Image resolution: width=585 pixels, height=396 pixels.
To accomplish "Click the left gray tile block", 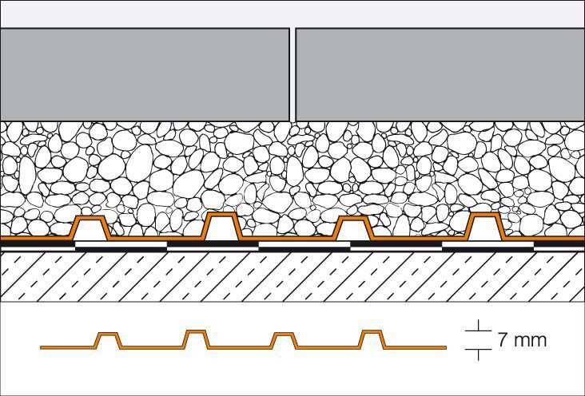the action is [145, 74].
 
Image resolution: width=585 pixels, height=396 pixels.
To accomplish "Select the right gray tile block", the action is [440, 74].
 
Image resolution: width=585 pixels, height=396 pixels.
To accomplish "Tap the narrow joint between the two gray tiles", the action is [292, 74].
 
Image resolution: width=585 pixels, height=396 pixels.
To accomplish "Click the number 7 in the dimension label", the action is [503, 340].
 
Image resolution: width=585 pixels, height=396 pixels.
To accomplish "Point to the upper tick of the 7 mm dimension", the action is [478, 331].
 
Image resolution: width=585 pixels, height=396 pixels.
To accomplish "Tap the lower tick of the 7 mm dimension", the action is [478, 350].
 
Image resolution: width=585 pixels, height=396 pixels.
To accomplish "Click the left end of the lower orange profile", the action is [41, 348].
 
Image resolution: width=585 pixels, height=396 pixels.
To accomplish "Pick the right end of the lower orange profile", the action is [446, 348].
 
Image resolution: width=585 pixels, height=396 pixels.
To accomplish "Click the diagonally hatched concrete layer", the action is [292, 276].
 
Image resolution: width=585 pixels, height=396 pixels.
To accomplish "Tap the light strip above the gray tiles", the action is [292, 14].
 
